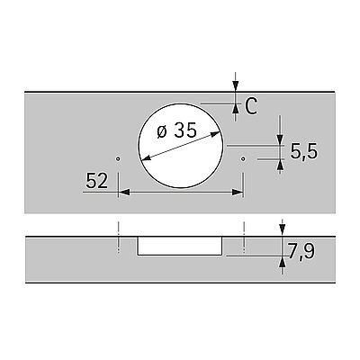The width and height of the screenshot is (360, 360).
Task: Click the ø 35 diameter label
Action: click(x=176, y=130)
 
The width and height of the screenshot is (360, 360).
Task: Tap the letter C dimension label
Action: click(x=251, y=107)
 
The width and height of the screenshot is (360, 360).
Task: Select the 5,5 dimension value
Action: click(x=303, y=151)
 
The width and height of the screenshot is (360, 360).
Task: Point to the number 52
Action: click(x=96, y=181)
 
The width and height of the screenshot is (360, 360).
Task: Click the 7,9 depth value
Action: click(x=301, y=251)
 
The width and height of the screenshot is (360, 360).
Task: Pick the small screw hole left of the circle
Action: click(x=118, y=158)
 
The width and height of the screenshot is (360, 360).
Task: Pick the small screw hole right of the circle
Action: click(x=243, y=158)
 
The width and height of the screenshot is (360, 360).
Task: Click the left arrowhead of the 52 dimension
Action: click(x=124, y=192)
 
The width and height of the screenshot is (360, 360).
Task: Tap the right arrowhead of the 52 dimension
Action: click(x=238, y=192)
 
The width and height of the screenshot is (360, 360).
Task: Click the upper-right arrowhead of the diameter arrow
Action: click(x=215, y=135)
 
